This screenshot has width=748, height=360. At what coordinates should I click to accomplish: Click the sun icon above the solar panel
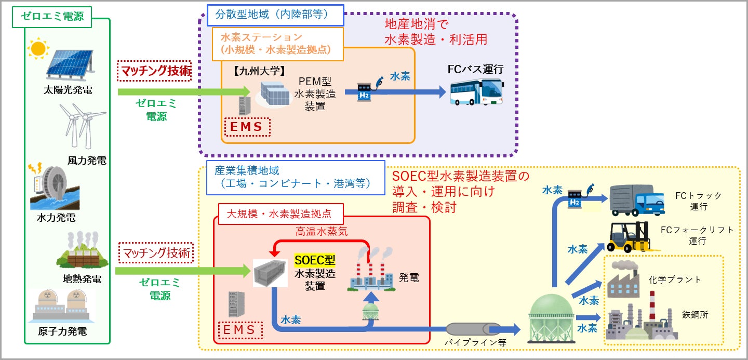point(37,49)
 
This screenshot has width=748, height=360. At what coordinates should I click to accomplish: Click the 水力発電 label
point(56,218)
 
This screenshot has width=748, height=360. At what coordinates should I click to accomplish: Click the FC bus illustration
point(476,92)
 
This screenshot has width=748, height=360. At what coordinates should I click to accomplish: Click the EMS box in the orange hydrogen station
point(247,126)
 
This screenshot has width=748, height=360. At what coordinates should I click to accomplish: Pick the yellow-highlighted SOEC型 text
point(314,259)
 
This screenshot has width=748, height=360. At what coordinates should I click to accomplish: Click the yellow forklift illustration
point(629,238)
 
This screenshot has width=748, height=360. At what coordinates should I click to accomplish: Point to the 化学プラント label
point(675,279)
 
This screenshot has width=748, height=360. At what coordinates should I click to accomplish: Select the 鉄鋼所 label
point(695,314)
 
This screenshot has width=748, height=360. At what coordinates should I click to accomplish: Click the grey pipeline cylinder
point(473,329)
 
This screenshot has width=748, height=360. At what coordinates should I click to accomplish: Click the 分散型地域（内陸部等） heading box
point(275,15)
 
